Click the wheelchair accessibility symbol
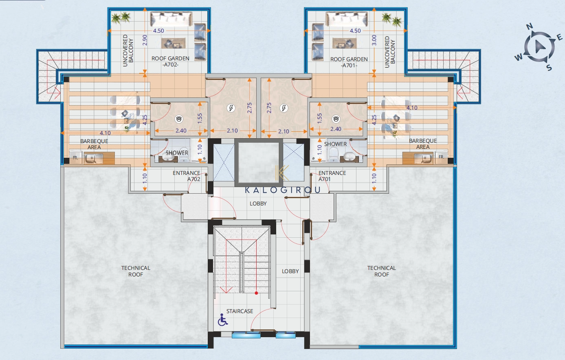(x=222, y=320)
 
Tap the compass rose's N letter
(x=530, y=26)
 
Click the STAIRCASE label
(x=240, y=311)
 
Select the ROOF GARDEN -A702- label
(x=170, y=61)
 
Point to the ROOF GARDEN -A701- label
(x=349, y=62)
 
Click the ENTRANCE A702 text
(x=187, y=176)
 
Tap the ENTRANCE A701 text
(x=332, y=176)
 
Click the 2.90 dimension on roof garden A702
(x=145, y=40)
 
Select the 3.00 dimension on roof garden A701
(x=374, y=40)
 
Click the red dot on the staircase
(x=256, y=293)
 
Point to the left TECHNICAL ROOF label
(x=136, y=271)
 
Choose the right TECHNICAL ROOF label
(x=381, y=271)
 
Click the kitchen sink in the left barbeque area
(x=94, y=158)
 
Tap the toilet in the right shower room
(x=334, y=153)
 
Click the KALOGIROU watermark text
(x=283, y=190)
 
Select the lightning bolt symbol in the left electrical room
(x=231, y=108)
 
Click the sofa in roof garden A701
(x=346, y=19)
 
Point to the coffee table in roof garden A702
(x=174, y=43)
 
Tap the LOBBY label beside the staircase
(x=290, y=271)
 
